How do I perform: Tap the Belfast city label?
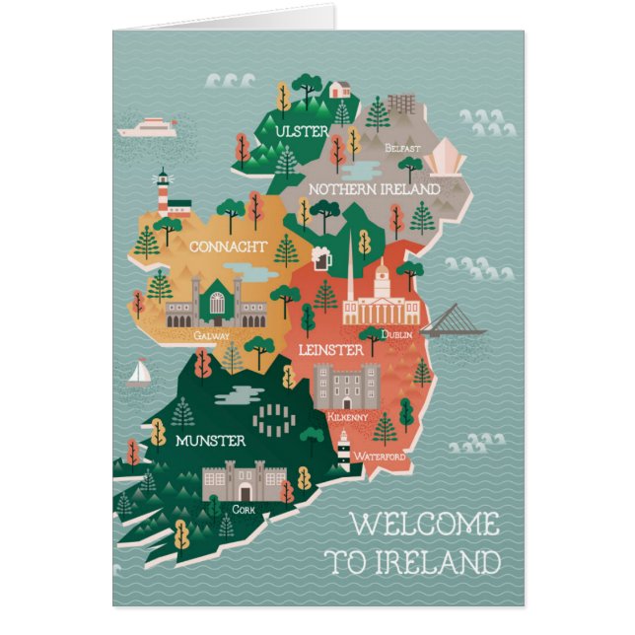pos(403,148)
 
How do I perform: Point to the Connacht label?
pos(227,247)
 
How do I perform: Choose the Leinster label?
pos(331,350)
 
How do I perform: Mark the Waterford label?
pos(380,457)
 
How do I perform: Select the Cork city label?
pos(244,509)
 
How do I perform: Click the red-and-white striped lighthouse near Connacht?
pos(164,191)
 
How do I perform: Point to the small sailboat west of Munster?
pos(140,373)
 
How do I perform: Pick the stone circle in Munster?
pos(273,418)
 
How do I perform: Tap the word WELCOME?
pos(425,525)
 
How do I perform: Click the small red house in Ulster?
pos(340,90)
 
